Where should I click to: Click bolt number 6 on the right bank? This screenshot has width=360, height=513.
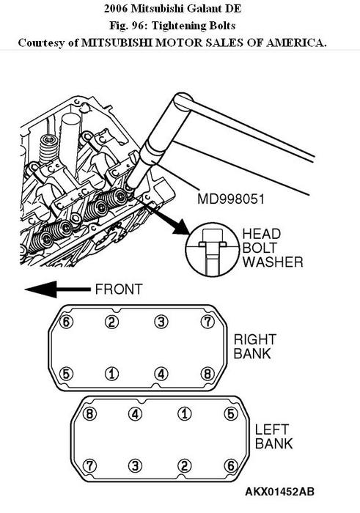(x=66, y=322)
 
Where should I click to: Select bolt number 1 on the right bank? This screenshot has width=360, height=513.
(x=112, y=374)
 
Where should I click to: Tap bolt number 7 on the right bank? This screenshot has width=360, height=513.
(x=207, y=322)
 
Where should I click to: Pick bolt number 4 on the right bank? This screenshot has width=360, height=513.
(x=161, y=374)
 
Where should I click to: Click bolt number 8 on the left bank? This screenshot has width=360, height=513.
(x=89, y=413)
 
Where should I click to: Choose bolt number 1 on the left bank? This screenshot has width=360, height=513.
(x=185, y=413)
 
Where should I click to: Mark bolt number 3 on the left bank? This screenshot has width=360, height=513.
(x=135, y=465)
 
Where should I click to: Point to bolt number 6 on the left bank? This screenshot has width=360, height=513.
(x=231, y=465)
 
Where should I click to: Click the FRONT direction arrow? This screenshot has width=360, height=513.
(x=58, y=289)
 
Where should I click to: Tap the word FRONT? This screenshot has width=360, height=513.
(x=119, y=289)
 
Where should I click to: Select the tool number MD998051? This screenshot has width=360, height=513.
(x=231, y=199)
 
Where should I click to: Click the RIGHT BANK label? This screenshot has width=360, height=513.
(x=255, y=347)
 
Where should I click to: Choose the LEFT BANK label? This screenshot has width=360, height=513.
(x=274, y=437)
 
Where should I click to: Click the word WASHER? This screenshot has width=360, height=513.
(x=273, y=262)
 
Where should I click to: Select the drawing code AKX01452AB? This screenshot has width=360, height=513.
(x=280, y=492)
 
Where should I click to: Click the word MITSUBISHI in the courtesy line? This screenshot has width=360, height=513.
(x=117, y=43)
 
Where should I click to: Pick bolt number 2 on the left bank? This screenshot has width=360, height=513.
(x=185, y=465)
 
